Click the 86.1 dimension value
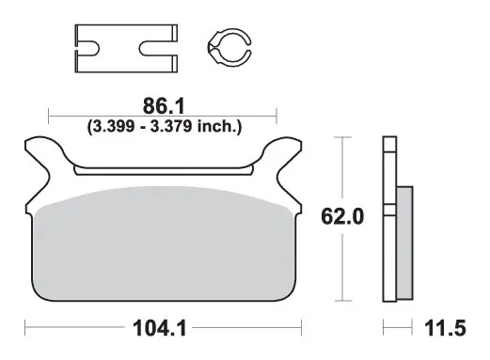pyautogui.click(x=164, y=106)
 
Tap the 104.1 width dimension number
pyautogui.click(x=160, y=328)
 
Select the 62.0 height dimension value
pyautogui.click(x=342, y=216)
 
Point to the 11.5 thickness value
pyautogui.click(x=445, y=328)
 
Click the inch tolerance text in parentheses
pyautogui.click(x=165, y=127)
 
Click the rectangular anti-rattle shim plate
pyautogui.click(x=126, y=48)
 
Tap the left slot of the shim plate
pyautogui.click(x=87, y=49)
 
